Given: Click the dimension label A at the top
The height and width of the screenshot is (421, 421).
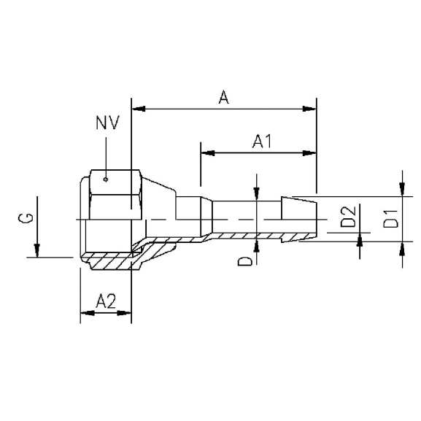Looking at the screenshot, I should (x=224, y=97).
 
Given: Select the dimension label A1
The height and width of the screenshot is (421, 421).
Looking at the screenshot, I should (x=261, y=142).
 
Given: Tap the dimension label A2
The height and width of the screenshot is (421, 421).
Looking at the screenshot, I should (x=106, y=299).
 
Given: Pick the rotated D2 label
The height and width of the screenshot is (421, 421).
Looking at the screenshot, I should (x=349, y=217).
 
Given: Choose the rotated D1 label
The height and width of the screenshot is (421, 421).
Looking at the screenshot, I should (x=392, y=217).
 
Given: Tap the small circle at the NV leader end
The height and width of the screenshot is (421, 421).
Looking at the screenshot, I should (x=106, y=177).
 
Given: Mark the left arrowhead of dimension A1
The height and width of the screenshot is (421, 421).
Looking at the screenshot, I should (x=208, y=153).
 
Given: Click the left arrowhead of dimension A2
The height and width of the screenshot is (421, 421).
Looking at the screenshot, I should (x=85, y=313).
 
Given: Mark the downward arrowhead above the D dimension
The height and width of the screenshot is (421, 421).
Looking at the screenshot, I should (x=257, y=192).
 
